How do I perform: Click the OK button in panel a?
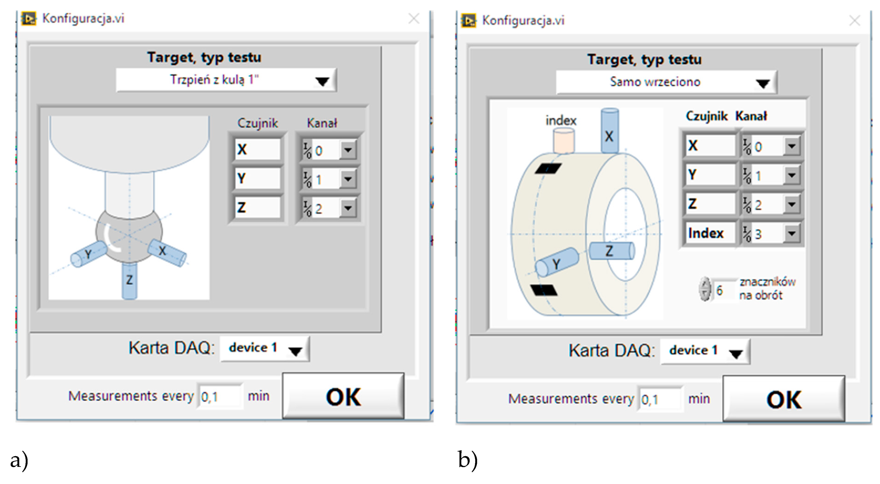coord(343,396)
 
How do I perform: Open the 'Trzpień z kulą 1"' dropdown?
coord(322,81)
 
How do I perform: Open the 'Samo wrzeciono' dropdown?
coord(763,83)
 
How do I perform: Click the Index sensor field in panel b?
coord(709,233)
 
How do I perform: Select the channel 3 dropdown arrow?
coord(792,234)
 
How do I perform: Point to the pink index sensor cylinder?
coord(564,141)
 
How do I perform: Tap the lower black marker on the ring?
coord(543,290)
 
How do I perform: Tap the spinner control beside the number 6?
coord(705,290)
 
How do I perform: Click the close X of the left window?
coord(414,19)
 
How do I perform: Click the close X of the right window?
coord(855,21)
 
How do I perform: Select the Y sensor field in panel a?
coord(257,178)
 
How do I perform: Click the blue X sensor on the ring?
coord(609,131)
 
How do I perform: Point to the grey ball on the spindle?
coord(129,234)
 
